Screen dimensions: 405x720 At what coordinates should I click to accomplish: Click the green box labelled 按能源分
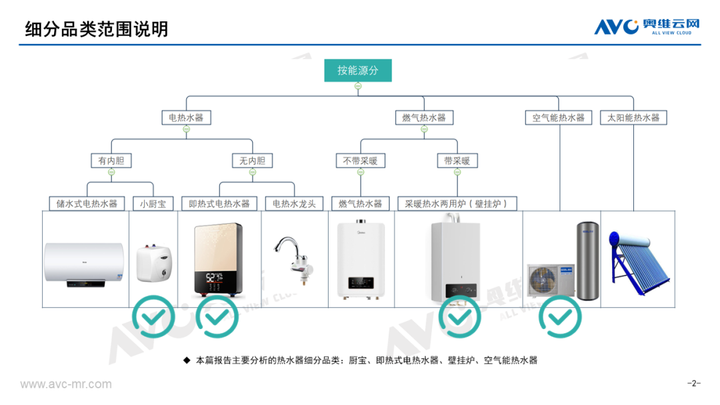pyautogui.click(x=357, y=71)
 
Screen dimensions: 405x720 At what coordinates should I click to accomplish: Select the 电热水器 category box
pyautogui.click(x=186, y=118)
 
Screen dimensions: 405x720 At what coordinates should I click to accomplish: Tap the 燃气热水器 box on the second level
pyautogui.click(x=423, y=118)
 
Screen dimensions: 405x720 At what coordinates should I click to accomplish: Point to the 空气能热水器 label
pyautogui.click(x=559, y=118)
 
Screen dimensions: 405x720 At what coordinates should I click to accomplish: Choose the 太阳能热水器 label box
pyautogui.click(x=633, y=118)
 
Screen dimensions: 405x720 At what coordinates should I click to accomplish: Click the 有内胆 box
pyautogui.click(x=111, y=161)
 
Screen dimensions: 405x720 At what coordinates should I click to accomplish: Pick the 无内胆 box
pyautogui.click(x=252, y=161)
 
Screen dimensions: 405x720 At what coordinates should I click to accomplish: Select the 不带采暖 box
pyautogui.click(x=360, y=161)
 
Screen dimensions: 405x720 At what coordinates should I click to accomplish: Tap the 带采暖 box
pyautogui.click(x=457, y=161)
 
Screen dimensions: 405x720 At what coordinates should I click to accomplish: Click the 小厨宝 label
pyautogui.click(x=153, y=203)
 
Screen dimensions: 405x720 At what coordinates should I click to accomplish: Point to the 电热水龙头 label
pyautogui.click(x=294, y=203)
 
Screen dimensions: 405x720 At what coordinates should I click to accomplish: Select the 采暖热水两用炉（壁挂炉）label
pyautogui.click(x=460, y=203)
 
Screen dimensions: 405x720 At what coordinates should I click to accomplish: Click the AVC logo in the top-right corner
pyautogui.click(x=647, y=27)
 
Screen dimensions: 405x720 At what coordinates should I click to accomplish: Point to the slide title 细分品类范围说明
pyautogui.click(x=97, y=29)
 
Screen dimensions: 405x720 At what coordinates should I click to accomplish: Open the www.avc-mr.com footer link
pyautogui.click(x=66, y=384)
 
